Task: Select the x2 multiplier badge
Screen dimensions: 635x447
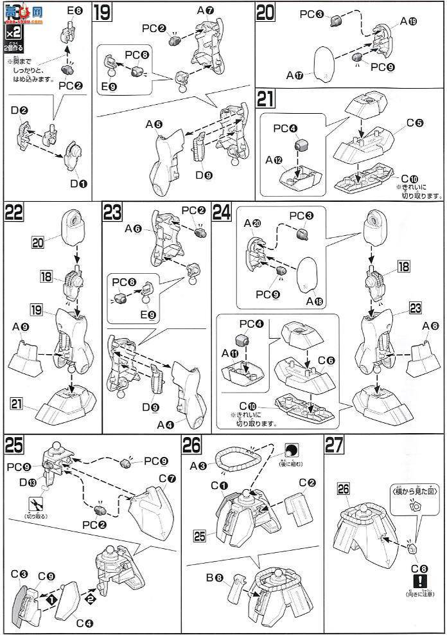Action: click(12, 31)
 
